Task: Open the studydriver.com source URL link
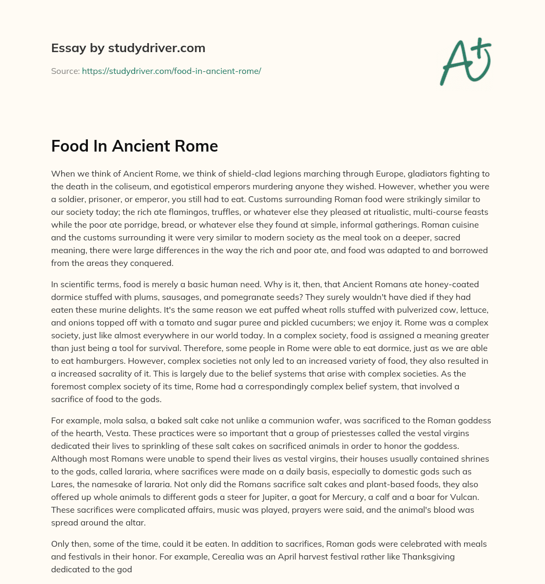pyautogui.click(x=171, y=71)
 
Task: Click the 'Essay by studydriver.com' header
pyautogui.click(x=128, y=48)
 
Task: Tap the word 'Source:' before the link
pyautogui.click(x=65, y=71)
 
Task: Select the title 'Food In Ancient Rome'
pyautogui.click(x=134, y=146)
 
